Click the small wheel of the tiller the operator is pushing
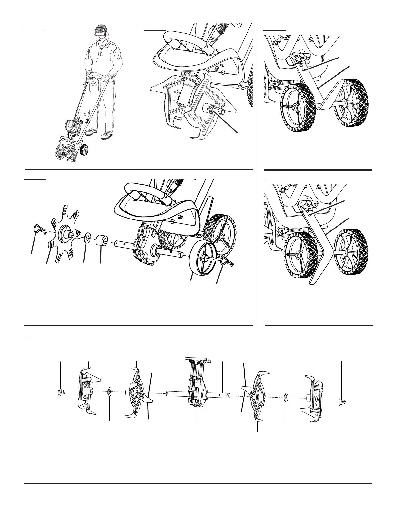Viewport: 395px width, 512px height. coord(85,150)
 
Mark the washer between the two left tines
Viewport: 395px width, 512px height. coord(110,392)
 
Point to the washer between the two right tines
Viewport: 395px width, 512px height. coord(286,397)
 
